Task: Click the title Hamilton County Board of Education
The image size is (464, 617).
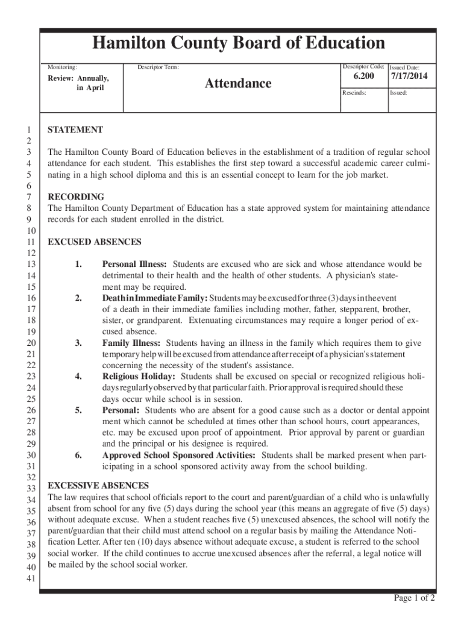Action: [238, 43]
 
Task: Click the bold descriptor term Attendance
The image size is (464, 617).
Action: [238, 83]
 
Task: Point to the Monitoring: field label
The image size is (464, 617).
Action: [63, 67]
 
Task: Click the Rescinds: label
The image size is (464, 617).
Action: [354, 93]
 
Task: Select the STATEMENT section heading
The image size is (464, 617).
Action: [75, 130]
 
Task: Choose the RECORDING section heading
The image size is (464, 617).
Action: [76, 197]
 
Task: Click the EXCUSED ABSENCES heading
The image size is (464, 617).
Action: [95, 242]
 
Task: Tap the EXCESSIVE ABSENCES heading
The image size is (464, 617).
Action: [98, 486]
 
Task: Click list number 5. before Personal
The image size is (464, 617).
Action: [78, 410]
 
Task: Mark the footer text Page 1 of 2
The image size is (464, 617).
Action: [415, 598]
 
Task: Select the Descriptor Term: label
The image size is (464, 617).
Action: [158, 67]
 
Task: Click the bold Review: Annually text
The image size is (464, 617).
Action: [79, 78]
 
